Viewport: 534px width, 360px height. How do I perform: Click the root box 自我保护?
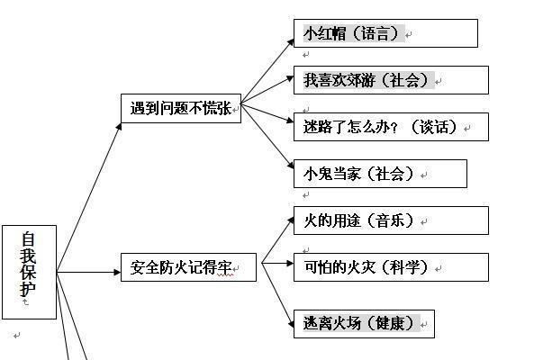pyautogui.click(x=30, y=271)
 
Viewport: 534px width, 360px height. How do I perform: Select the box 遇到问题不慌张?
pyautogui.click(x=180, y=109)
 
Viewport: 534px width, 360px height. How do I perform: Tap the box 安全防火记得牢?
pyautogui.click(x=188, y=267)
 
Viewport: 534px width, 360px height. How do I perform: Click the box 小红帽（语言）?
pyautogui.click(x=385, y=34)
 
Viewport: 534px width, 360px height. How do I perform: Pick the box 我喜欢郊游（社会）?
pyautogui.click(x=390, y=80)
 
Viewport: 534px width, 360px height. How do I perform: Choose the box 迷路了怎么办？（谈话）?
pyautogui.click(x=390, y=127)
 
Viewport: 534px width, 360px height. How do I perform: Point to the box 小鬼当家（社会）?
pyautogui.click(x=379, y=174)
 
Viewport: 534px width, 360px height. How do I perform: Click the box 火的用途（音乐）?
pyautogui.click(x=390, y=220)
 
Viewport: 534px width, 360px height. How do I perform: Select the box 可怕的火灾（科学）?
pyautogui.click(x=390, y=267)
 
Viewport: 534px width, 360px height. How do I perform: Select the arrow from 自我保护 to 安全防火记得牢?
pyautogui.click(x=90, y=270)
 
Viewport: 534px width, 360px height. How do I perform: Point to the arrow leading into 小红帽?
pyautogui.click(x=267, y=68)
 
